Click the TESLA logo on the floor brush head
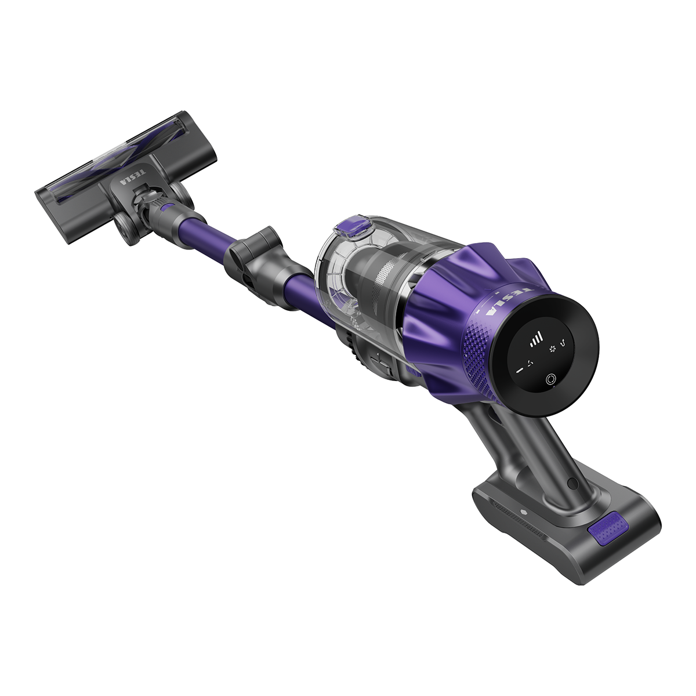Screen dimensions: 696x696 133,177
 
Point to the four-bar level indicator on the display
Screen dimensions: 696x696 536,339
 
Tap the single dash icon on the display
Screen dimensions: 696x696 520,370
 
